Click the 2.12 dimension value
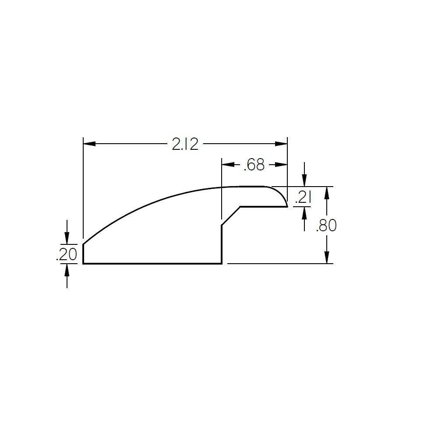pos(185,144)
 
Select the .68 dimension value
pos(254,165)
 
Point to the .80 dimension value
pos(326,226)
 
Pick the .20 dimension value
pos(67,254)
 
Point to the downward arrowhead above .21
pos(305,181)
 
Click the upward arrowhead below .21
pos(305,212)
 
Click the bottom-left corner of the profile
pos(83,263)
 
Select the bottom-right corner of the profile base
pos(222,263)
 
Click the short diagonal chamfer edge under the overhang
pos(231,216)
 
